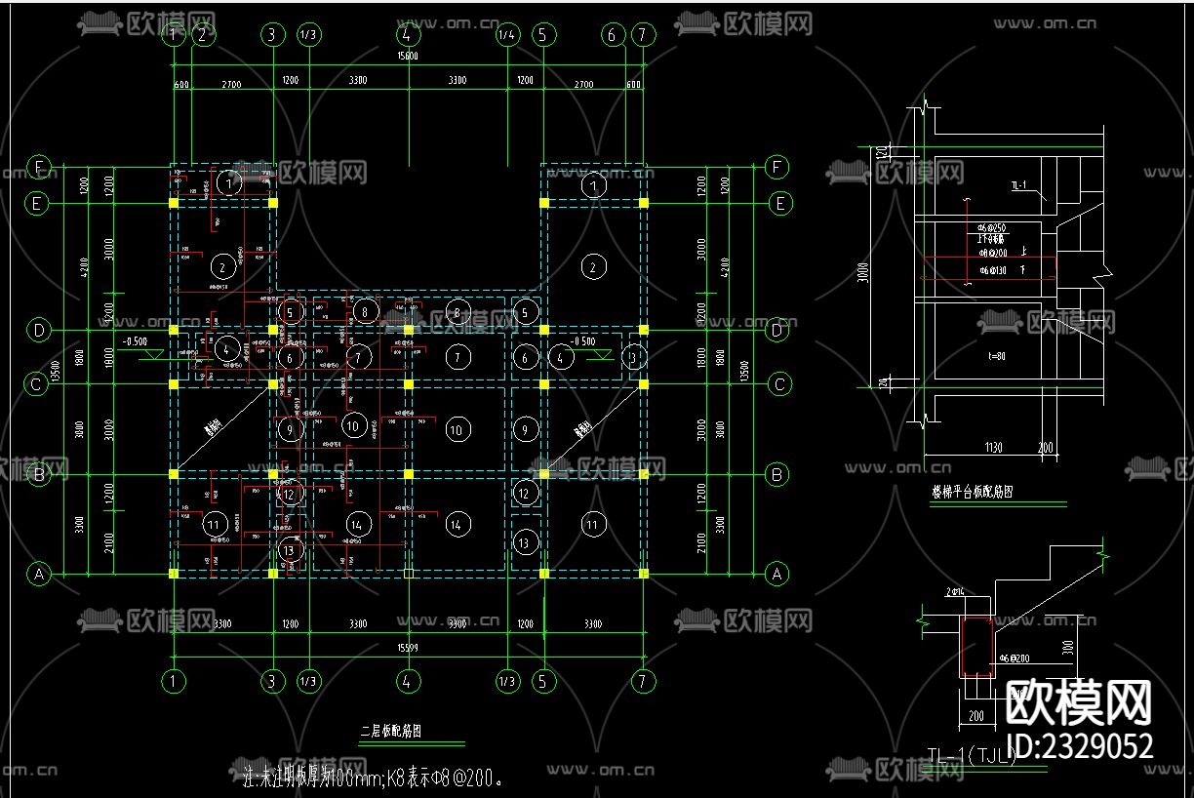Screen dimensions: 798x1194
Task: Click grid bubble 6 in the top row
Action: click(x=613, y=35)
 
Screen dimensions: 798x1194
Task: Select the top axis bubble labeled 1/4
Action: click(x=507, y=35)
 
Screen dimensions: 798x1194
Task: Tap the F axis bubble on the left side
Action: click(x=39, y=168)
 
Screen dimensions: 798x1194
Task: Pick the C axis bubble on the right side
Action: click(x=778, y=385)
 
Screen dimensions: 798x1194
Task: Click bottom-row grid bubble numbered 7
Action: click(x=643, y=680)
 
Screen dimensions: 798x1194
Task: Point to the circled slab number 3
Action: click(x=635, y=357)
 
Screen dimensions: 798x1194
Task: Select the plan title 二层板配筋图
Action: click(x=390, y=730)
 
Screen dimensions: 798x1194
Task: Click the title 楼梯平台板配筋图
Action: click(x=972, y=493)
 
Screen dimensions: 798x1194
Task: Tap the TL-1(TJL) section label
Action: click(x=971, y=753)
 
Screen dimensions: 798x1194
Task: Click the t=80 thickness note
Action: click(x=991, y=358)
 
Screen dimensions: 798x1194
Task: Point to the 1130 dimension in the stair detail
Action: click(x=993, y=448)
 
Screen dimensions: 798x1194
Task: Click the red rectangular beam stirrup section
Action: click(x=975, y=647)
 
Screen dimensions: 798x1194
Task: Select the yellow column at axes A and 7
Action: click(x=643, y=574)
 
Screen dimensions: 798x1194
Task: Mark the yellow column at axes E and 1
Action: click(x=174, y=204)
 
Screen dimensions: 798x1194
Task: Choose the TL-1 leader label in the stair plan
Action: click(x=1017, y=184)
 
